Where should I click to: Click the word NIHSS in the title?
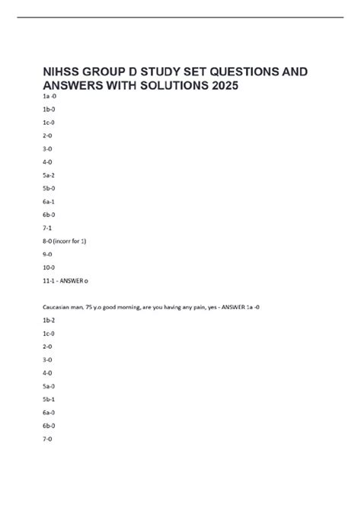(x=63, y=72)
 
